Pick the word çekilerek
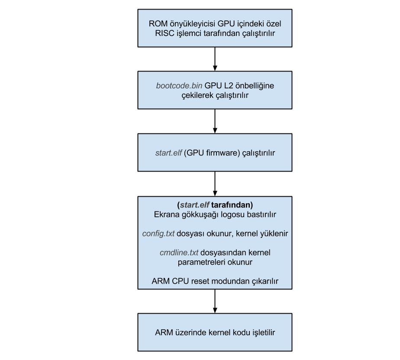click(x=197, y=95)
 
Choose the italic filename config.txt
click(x=158, y=234)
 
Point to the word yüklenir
click(x=274, y=234)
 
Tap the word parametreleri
click(x=201, y=262)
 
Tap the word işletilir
click(x=260, y=333)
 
